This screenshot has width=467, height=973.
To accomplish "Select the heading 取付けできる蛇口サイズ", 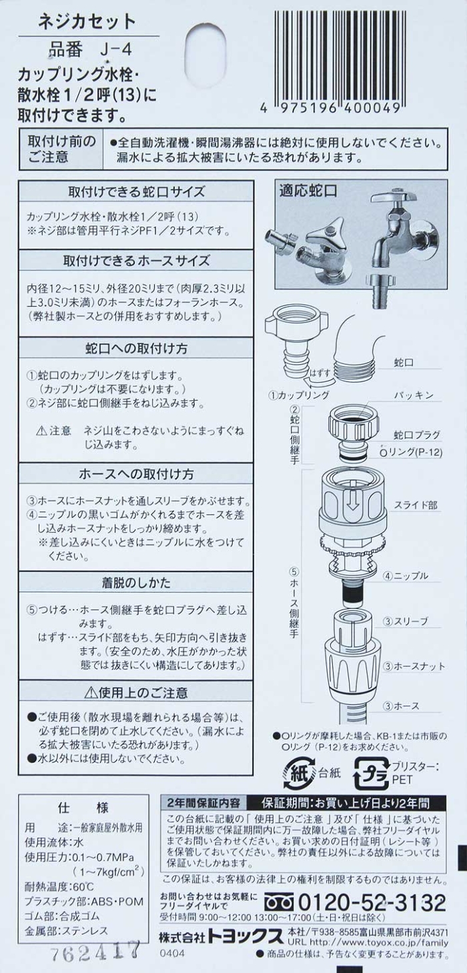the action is pyautogui.click(x=136, y=191).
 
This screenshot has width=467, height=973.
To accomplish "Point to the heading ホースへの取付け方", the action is pyautogui.click(x=136, y=473).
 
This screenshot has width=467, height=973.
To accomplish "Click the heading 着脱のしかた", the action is pyautogui.click(x=136, y=582).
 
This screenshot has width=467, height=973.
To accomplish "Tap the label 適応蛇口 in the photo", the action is pyautogui.click(x=308, y=191).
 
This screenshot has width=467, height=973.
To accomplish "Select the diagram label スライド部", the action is pyautogui.click(x=416, y=506).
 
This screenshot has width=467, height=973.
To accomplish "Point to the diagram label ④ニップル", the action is pyautogui.click(x=405, y=576).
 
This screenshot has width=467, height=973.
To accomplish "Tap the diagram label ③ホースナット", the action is pyautogui.click(x=414, y=666).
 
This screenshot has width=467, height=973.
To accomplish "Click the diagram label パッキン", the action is pyautogui.click(x=414, y=395).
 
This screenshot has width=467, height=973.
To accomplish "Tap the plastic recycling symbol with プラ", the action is pyautogui.click(x=372, y=774).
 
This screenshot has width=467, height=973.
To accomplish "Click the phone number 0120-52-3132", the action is pyautogui.click(x=372, y=903).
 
